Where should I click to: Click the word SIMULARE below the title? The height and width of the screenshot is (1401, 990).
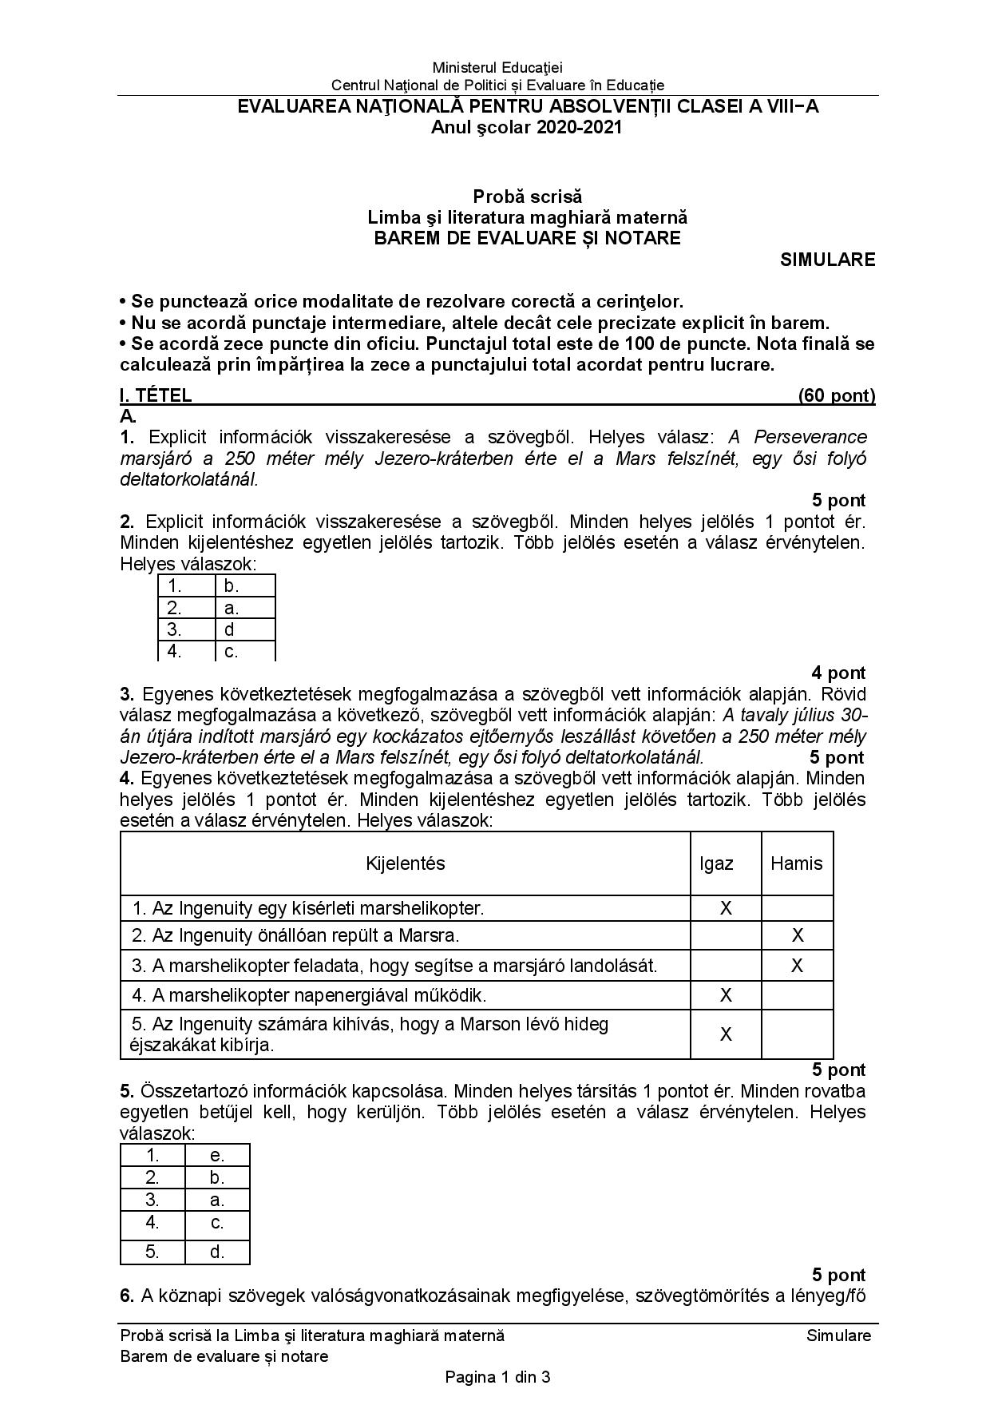point(827,260)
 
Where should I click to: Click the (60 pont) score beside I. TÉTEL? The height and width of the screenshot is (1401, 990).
point(836,395)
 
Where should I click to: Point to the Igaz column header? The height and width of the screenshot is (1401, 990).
point(716,863)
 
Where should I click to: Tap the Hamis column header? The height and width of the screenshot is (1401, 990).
point(796,863)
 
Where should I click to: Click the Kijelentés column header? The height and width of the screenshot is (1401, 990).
point(405,863)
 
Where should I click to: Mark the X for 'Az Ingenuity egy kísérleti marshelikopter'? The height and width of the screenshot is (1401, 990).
point(726,908)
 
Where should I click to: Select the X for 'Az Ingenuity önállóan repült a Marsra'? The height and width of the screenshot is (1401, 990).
point(797,935)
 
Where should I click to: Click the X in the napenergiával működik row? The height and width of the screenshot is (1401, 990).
point(726,995)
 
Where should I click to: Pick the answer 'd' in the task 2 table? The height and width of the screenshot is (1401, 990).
point(229,629)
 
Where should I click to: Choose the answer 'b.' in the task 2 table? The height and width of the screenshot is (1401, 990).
point(232,586)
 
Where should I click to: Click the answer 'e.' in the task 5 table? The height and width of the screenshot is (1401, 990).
point(217,1155)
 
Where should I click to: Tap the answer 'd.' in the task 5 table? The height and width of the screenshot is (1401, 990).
point(217,1252)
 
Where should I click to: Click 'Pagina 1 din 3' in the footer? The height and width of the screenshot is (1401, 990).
point(498,1377)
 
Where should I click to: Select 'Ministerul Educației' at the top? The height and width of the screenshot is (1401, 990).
point(497,68)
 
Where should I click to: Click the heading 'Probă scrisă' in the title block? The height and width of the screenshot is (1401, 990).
point(527,196)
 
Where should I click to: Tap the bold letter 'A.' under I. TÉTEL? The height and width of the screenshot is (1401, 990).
point(128,416)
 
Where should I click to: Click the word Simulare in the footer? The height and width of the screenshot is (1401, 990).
point(838,1336)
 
